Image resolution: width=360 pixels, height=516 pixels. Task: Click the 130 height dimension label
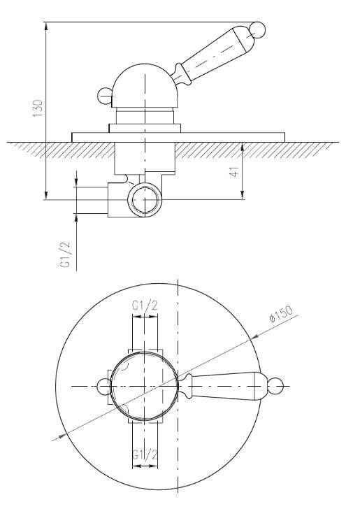(x=38, y=108)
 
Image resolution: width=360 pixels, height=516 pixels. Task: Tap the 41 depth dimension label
(x=234, y=172)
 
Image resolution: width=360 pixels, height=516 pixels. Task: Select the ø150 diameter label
(x=281, y=315)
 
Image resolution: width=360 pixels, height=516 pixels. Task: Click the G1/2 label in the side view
(x=66, y=255)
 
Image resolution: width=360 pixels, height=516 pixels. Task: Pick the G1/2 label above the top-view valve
(x=145, y=306)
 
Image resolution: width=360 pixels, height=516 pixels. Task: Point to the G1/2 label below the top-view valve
(x=145, y=454)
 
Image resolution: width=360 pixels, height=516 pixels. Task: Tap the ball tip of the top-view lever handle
(x=275, y=386)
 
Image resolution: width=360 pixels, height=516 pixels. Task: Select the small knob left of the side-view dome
(x=106, y=96)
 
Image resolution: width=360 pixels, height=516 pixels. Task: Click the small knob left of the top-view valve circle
(x=105, y=386)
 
